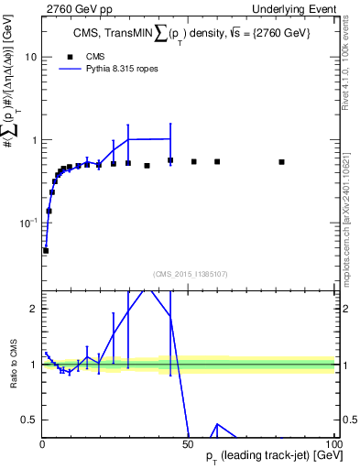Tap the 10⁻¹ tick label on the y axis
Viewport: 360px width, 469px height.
(x=27, y=223)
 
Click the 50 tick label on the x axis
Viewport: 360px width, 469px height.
(x=187, y=443)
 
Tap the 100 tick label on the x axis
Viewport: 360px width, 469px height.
(x=333, y=443)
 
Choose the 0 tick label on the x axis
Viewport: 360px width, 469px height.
(x=42, y=443)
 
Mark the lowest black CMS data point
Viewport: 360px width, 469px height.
(x=46, y=250)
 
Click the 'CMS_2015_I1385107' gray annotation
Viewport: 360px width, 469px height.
(x=189, y=273)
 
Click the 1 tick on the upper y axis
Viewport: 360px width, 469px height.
(x=33, y=140)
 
